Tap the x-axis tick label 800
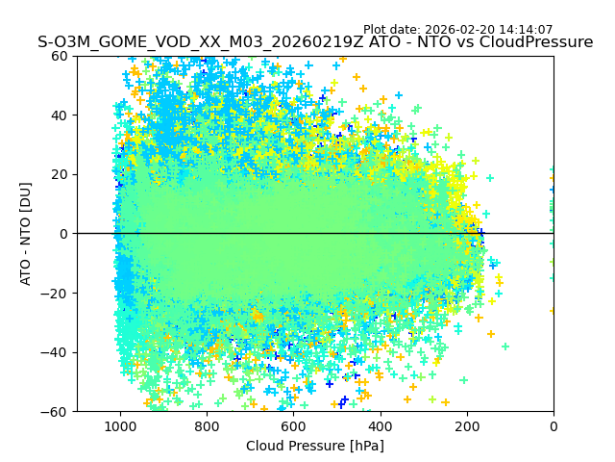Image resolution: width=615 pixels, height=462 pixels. coord(207,425)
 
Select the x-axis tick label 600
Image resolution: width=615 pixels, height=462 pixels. coord(293,425)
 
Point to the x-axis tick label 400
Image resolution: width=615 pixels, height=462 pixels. coord(380,425)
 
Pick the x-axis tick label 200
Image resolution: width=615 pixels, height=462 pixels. coord(466,425)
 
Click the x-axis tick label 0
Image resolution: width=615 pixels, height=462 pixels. coord(553,425)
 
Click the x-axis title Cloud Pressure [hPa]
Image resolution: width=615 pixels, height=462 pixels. coord(315,446)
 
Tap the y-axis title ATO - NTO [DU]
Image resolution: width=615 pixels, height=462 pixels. coord(26,233)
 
